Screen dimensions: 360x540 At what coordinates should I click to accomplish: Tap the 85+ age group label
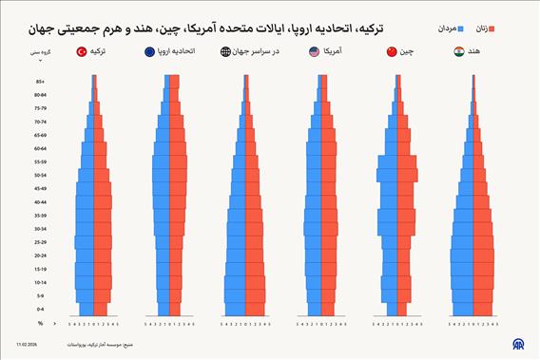(40, 82)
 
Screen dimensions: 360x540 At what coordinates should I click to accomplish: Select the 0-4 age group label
(40, 310)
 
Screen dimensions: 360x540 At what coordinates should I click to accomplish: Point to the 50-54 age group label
(40, 176)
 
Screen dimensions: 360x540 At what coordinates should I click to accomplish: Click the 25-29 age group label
(40, 242)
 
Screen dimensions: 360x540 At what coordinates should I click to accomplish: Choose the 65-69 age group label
(40, 135)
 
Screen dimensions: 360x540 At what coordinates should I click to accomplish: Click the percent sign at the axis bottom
(40, 323)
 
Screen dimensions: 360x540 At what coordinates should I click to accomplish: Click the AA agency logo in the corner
(518, 345)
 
